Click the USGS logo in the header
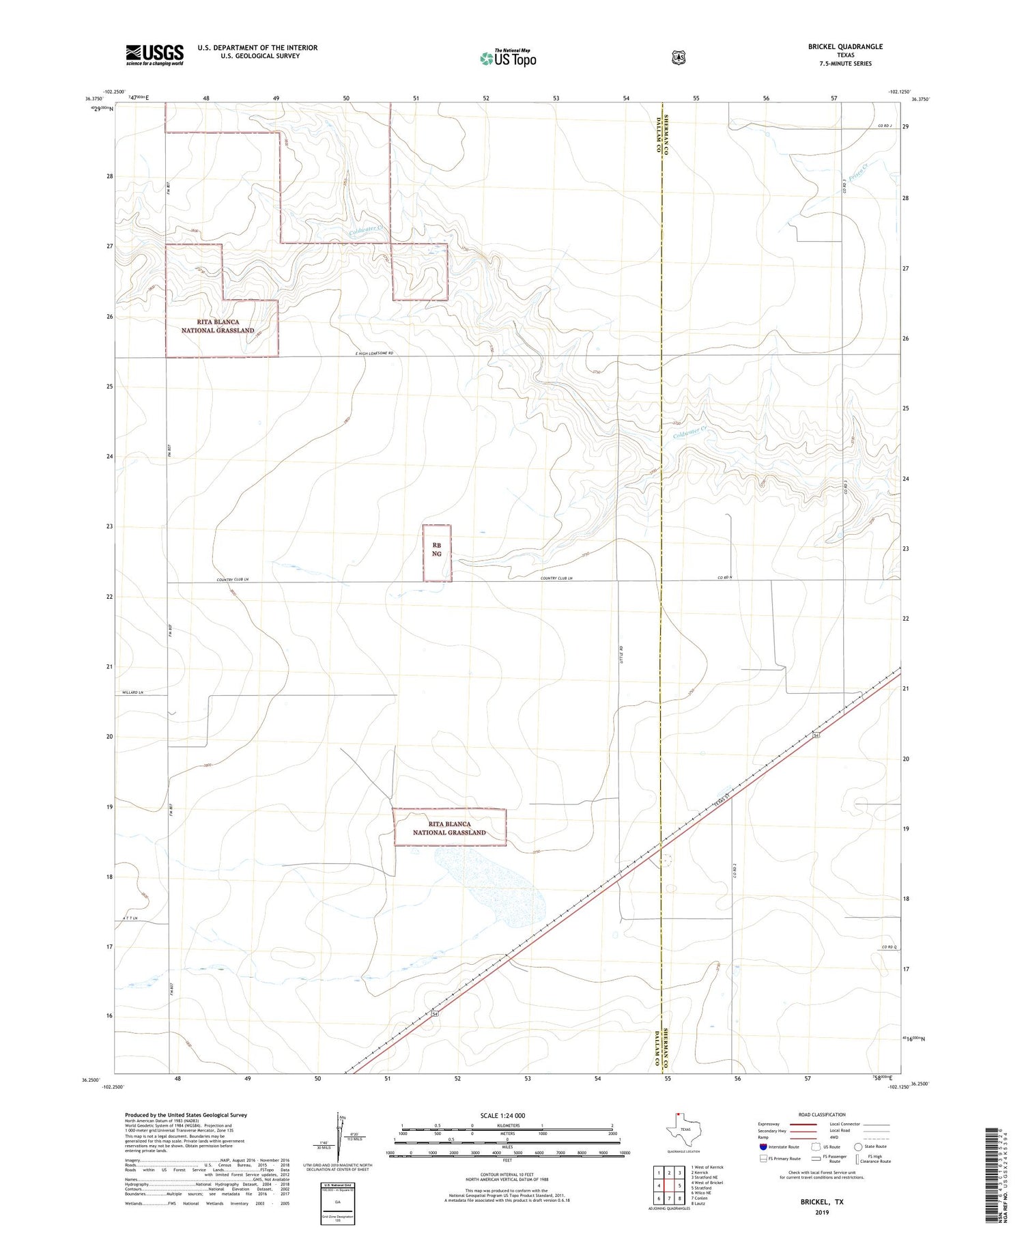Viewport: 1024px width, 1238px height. tap(154, 55)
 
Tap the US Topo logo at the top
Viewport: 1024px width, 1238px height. tap(508, 58)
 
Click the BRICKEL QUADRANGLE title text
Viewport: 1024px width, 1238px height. tap(845, 46)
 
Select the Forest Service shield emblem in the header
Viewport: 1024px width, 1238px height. tap(678, 58)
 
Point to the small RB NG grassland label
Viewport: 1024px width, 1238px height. tap(437, 549)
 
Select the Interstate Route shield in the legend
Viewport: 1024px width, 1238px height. tap(763, 1146)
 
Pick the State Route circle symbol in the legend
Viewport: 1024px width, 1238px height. tap(858, 1146)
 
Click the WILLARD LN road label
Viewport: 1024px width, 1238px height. tap(133, 692)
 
